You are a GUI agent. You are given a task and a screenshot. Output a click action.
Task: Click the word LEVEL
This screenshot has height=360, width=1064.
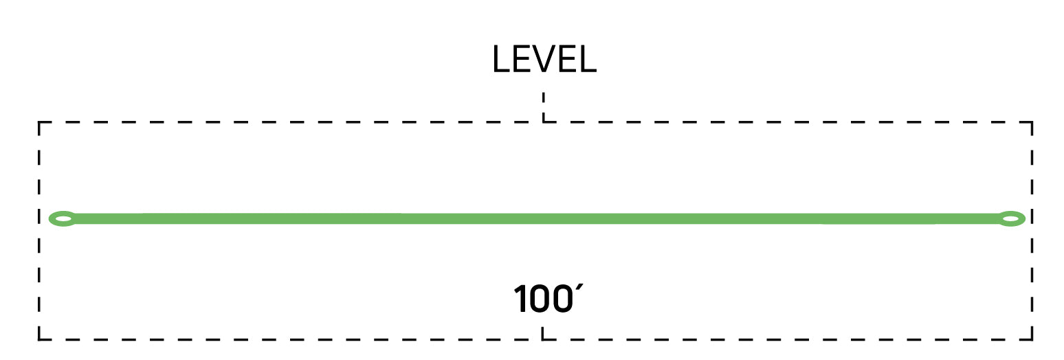pyautogui.click(x=544, y=59)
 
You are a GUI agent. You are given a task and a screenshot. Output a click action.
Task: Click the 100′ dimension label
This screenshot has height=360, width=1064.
pyautogui.click(x=548, y=299)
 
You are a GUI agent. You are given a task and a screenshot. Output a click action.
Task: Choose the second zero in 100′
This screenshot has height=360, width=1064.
pyautogui.click(x=562, y=300)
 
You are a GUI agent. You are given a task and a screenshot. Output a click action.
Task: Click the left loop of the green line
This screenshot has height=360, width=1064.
pyautogui.click(x=63, y=218)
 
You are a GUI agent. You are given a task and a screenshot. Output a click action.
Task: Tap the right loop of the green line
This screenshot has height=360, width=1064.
pyautogui.click(x=1011, y=218)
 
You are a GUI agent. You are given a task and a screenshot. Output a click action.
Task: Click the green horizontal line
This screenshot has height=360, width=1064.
pyautogui.click(x=537, y=218)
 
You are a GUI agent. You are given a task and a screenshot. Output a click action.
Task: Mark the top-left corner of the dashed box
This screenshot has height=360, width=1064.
pyautogui.click(x=39, y=122)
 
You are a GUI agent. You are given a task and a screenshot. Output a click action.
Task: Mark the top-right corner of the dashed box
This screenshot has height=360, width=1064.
pyautogui.click(x=1032, y=122)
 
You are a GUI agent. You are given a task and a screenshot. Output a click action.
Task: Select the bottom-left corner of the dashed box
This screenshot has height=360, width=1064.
pyautogui.click(x=39, y=339)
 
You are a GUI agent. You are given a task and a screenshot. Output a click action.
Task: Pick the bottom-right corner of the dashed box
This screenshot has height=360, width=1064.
pyautogui.click(x=1032, y=339)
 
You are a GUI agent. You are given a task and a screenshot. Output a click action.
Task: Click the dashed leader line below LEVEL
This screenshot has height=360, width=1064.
pyautogui.click(x=544, y=107)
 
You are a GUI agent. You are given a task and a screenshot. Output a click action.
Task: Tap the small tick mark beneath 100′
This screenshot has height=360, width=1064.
pyautogui.click(x=542, y=333)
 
